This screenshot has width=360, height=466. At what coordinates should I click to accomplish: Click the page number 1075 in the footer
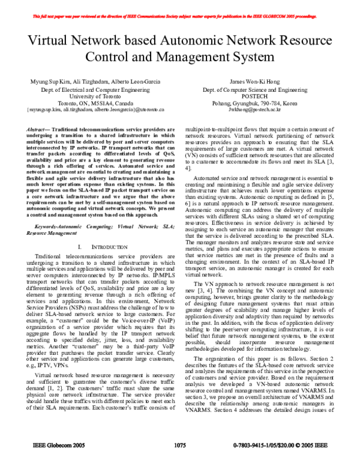click(x=180, y=462)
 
